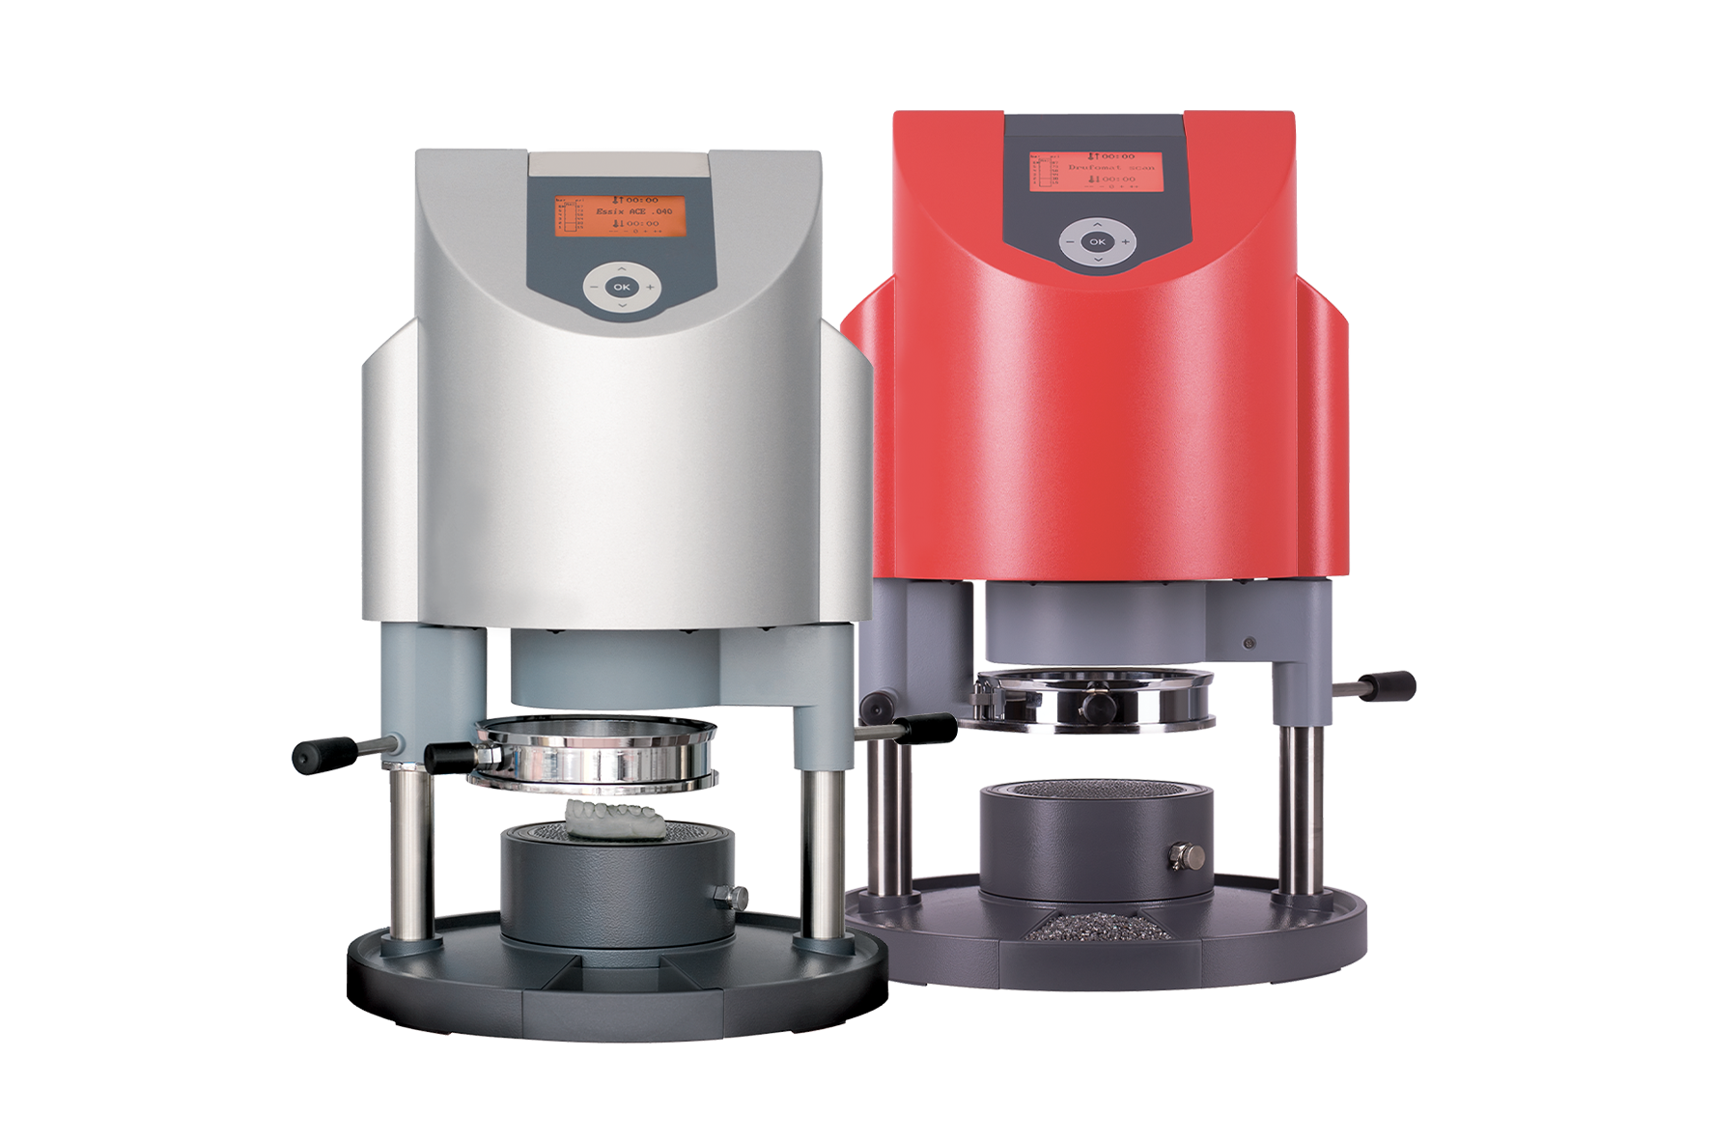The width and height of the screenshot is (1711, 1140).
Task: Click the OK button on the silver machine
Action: pyautogui.click(x=621, y=287)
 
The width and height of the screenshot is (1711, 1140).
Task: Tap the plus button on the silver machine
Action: pyautogui.click(x=651, y=287)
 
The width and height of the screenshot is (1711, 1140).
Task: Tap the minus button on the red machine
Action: pyautogui.click(x=1069, y=241)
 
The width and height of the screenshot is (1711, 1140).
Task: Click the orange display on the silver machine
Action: pyautogui.click(x=620, y=214)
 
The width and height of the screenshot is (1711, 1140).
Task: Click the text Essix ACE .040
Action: pyautogui.click(x=633, y=210)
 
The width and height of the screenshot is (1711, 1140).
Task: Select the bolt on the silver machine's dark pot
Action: pyautogui.click(x=737, y=896)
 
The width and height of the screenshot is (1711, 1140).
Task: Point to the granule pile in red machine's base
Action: pyautogui.click(x=1096, y=930)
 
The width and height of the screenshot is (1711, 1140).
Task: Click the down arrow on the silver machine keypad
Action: pyautogui.click(x=621, y=305)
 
